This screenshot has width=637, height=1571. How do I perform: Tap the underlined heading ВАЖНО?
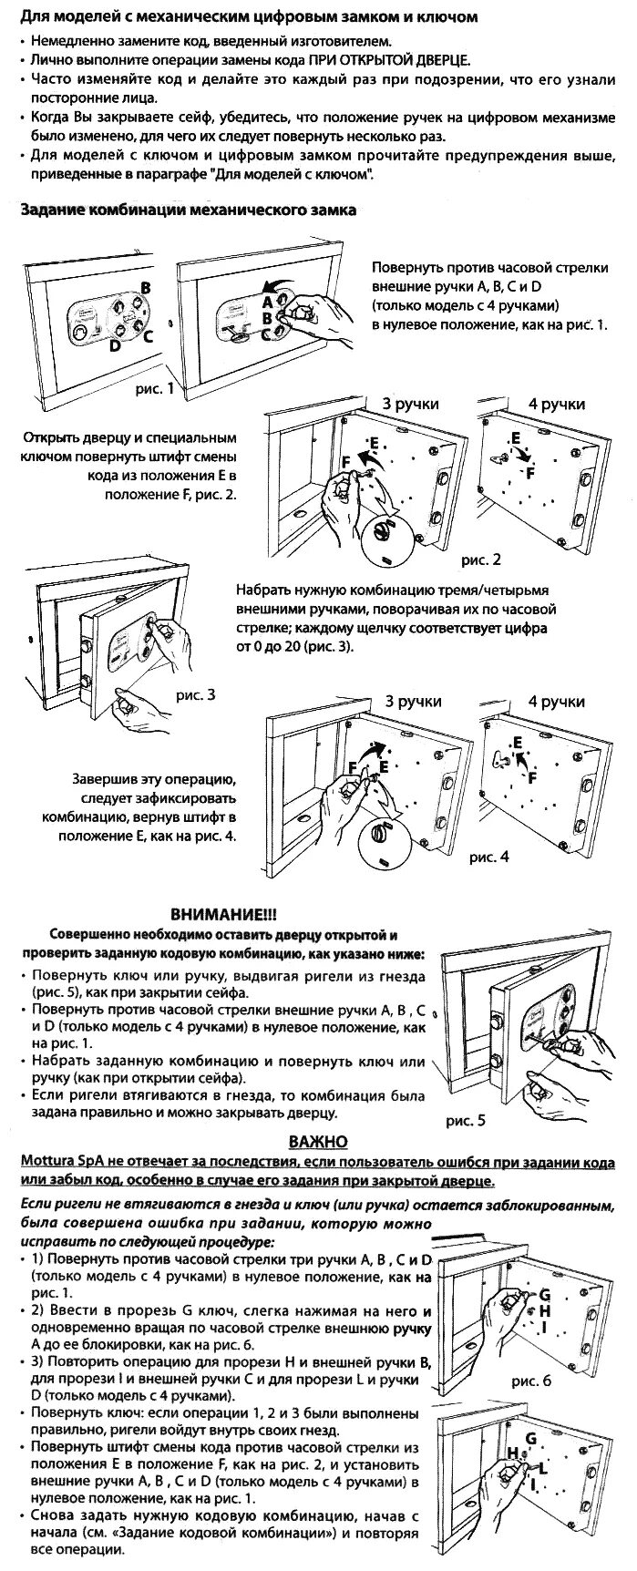(318, 1142)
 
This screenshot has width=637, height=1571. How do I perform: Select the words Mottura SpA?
(57, 1163)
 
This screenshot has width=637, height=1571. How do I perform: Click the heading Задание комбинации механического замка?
(189, 210)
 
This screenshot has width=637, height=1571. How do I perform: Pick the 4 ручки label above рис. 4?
(557, 702)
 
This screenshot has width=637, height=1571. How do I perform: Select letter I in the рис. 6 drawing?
(544, 1328)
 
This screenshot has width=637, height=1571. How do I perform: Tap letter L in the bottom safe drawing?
(543, 1467)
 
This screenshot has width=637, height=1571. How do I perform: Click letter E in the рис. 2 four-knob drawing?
(516, 438)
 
